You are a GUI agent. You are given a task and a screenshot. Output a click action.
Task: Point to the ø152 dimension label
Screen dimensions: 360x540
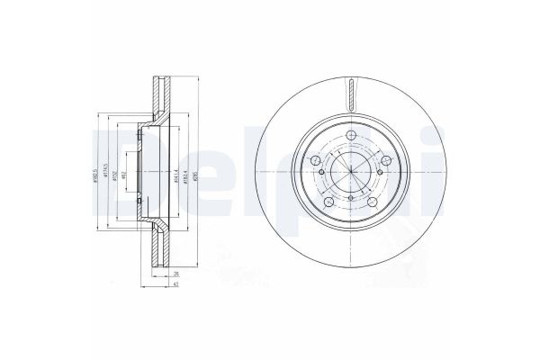tap(116, 173)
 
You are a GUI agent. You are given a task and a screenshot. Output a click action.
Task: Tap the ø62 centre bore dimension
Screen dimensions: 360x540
tap(126, 173)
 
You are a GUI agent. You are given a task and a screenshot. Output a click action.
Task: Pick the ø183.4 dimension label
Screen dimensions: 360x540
tap(182, 173)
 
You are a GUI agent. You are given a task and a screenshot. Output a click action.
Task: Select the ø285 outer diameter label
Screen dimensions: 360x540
tap(192, 173)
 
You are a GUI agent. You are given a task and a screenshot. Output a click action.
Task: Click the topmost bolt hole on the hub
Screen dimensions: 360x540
tap(349, 136)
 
